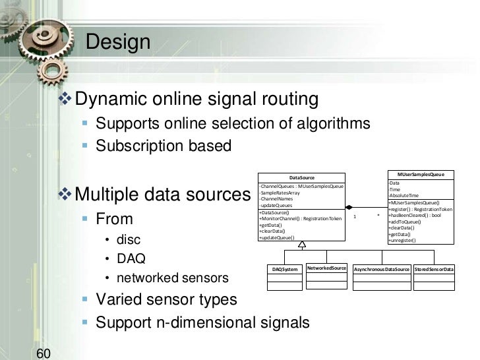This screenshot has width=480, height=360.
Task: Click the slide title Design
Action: pyautogui.click(x=119, y=42)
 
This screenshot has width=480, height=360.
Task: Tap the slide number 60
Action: pyautogui.click(x=44, y=353)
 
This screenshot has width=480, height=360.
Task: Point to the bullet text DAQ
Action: pyautogui.click(x=131, y=258)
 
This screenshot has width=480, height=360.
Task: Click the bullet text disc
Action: pyautogui.click(x=128, y=239)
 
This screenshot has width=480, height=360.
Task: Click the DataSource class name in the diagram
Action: pyautogui.click(x=302, y=177)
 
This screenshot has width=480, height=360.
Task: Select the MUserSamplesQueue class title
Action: pyautogui.click(x=421, y=174)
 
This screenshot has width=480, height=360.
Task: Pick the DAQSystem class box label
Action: pyautogui.click(x=285, y=269)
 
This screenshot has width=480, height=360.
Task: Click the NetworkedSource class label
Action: pyautogui.click(x=327, y=268)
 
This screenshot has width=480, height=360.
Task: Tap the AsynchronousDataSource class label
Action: pyautogui.click(x=382, y=269)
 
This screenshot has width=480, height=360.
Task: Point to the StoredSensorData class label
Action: pyautogui.click(x=434, y=269)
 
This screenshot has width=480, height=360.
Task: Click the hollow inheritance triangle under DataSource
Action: pyautogui.click(x=302, y=245)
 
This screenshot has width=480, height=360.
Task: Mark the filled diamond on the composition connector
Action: pyautogui.click(x=350, y=207)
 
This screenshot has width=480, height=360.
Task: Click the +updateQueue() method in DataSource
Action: pyautogui.click(x=277, y=237)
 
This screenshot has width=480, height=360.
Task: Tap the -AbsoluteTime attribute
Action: pyautogui.click(x=404, y=196)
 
